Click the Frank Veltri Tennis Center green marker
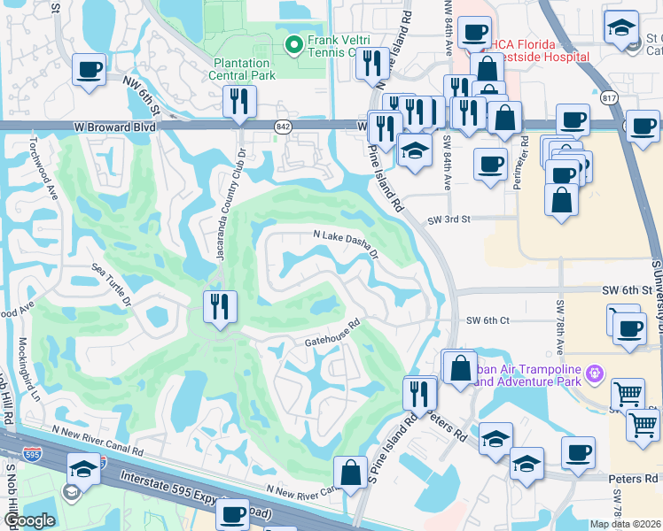[293, 42]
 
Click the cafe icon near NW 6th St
[88, 70]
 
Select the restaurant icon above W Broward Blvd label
[237, 102]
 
